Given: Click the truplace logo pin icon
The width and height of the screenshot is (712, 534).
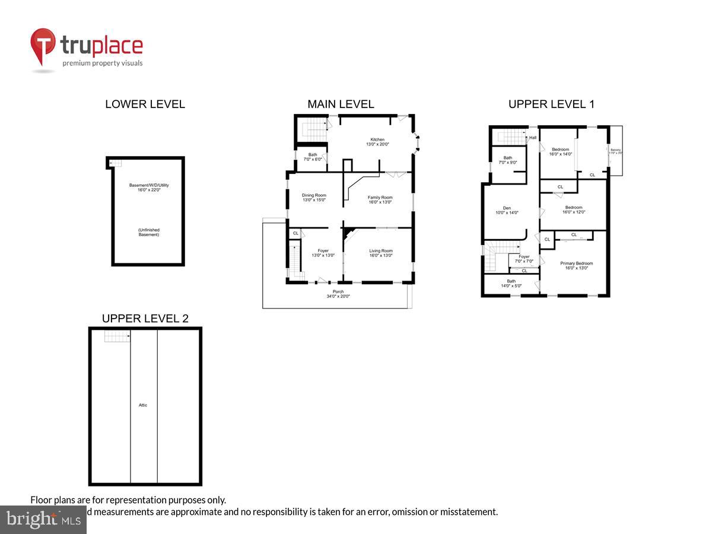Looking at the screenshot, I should click(x=43, y=47).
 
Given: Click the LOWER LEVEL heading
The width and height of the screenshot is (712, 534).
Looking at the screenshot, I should click(x=145, y=104).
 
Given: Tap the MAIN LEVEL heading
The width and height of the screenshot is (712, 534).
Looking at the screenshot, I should click(x=341, y=104).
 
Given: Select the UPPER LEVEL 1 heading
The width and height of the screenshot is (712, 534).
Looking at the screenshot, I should click(x=551, y=104).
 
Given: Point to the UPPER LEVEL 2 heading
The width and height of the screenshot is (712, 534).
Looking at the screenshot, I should click(x=145, y=319).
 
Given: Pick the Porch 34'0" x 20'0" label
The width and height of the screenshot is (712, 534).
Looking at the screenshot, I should click(x=338, y=294).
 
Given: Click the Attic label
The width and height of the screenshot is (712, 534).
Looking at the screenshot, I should click(x=143, y=405).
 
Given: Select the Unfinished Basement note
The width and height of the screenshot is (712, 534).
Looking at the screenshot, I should click(x=148, y=232).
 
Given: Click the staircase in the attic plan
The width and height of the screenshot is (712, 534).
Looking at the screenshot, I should click(x=117, y=336).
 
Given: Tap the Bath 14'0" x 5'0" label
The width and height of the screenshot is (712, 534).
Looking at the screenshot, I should click(x=511, y=284).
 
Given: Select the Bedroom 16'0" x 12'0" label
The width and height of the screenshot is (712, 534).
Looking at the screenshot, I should click(x=573, y=210).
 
